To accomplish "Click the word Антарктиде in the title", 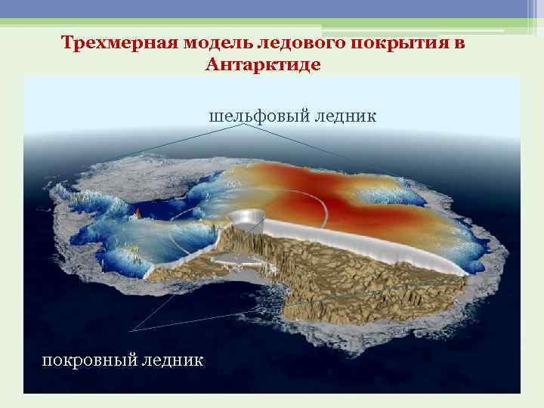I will tap(262, 65).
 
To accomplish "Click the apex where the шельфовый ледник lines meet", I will tap(243, 125).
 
